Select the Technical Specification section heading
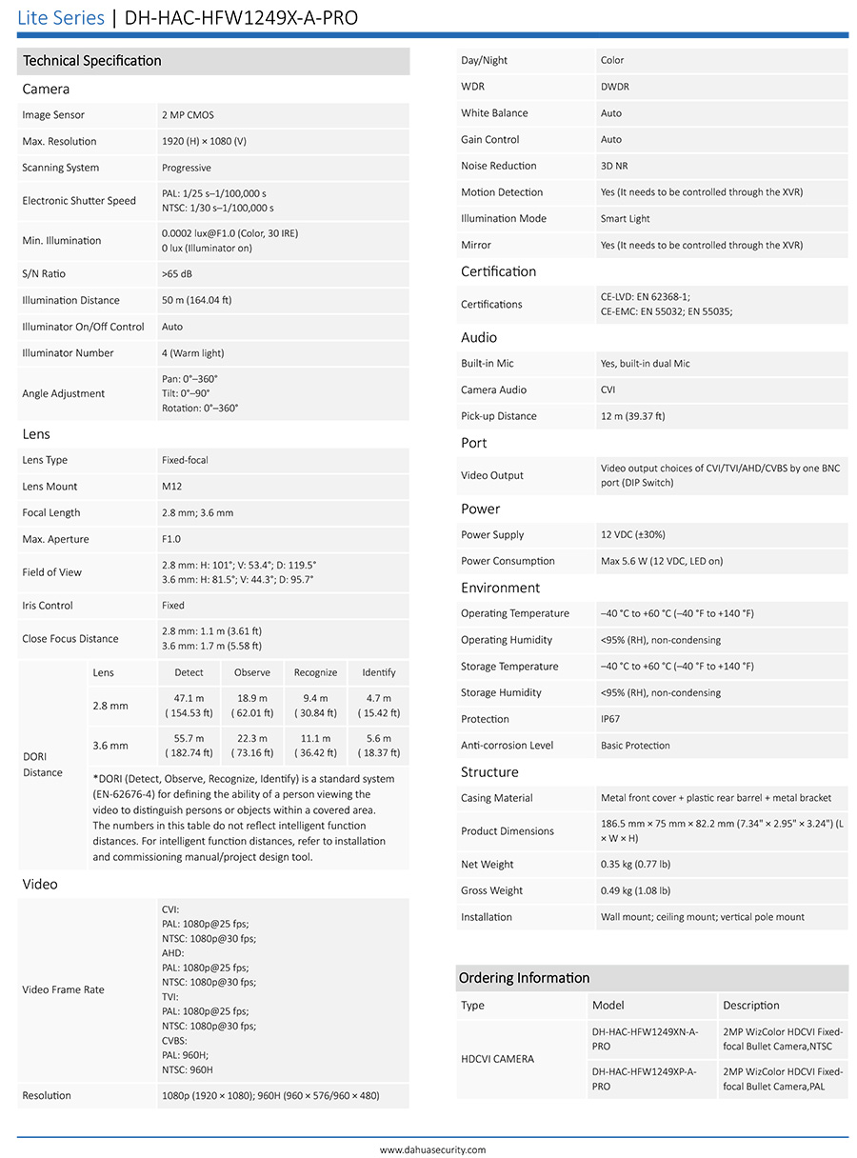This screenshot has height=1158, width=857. point(92,61)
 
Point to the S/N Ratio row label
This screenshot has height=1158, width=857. point(44,274)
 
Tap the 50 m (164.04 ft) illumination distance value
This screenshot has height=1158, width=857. point(196,301)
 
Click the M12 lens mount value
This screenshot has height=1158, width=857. point(171,487)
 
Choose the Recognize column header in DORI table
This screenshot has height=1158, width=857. point(315,673)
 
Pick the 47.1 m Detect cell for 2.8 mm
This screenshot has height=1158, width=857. point(189,706)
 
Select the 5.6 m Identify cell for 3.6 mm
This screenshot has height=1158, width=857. point(378,746)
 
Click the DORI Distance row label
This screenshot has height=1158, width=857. point(43,765)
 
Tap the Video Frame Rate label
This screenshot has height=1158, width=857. point(63,989)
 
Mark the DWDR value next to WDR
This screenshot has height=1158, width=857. point(614,87)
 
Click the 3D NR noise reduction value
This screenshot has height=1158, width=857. point(614,166)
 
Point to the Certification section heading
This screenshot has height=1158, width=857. point(498,271)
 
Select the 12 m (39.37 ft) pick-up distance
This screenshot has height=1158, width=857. point(632,416)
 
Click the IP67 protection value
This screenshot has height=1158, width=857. point(610,719)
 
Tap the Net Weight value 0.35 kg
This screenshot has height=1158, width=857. point(635,865)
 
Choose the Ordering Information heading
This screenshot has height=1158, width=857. point(524,978)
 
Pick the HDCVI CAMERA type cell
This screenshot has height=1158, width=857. point(497,1059)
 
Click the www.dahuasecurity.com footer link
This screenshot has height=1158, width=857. point(432,1149)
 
